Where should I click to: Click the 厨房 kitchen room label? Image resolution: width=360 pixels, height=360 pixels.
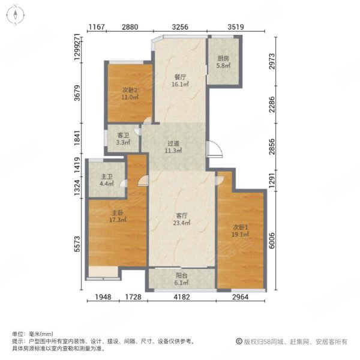point(223,58)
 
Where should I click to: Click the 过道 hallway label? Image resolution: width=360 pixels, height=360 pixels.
point(174,143)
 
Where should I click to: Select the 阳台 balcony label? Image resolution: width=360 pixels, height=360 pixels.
point(181,277)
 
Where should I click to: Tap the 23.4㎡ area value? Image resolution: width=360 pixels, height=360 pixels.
point(182,223)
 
